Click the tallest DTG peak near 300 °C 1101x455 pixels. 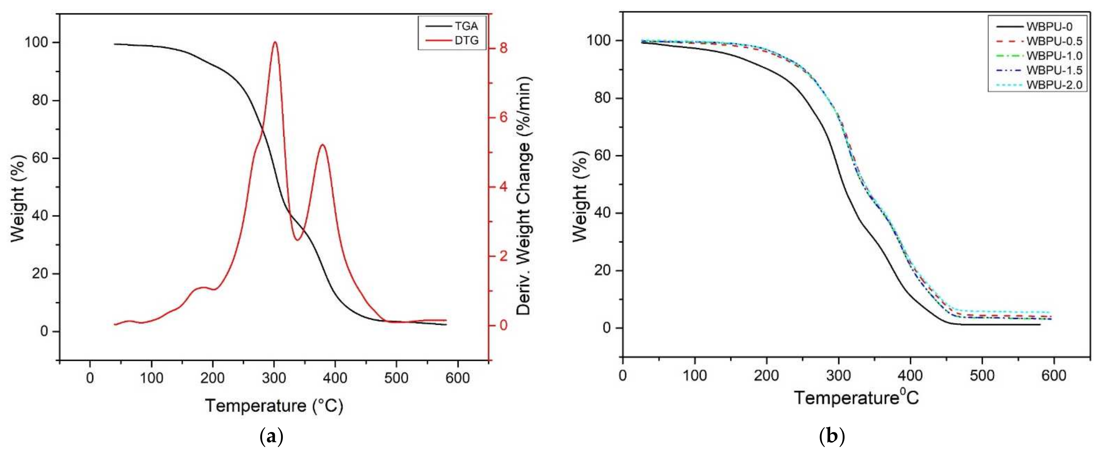tap(274, 42)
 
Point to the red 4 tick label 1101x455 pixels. tap(503, 187)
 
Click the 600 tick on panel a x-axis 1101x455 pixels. tap(457, 378)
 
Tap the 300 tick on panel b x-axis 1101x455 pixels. tap(838, 375)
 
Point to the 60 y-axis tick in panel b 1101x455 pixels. tap(603, 155)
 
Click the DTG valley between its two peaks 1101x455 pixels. tap(298, 240)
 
